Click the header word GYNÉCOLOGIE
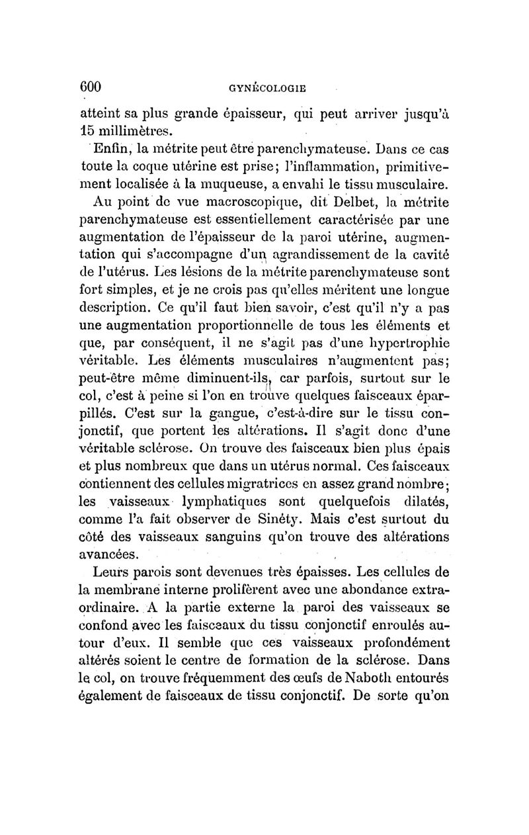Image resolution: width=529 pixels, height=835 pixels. (265, 87)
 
